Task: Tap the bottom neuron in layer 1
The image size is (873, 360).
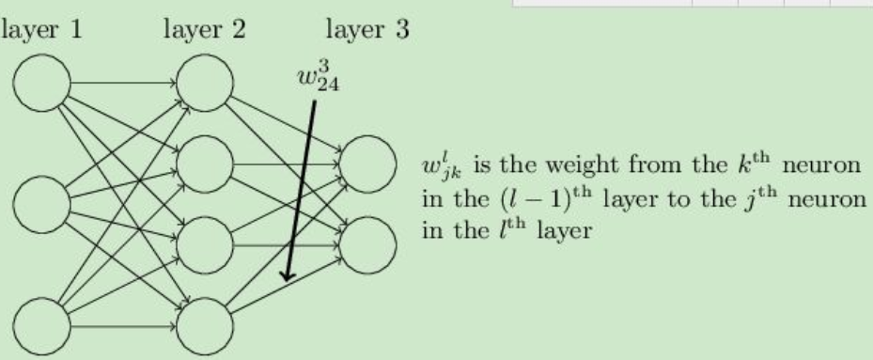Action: [x=41, y=325]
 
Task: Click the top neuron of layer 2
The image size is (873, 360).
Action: [x=205, y=82]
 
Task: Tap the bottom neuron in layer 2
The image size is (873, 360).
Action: [x=205, y=325]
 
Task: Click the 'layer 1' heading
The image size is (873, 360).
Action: [x=41, y=29]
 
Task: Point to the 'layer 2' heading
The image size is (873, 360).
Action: [x=204, y=29]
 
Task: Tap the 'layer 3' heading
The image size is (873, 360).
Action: [x=367, y=29]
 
